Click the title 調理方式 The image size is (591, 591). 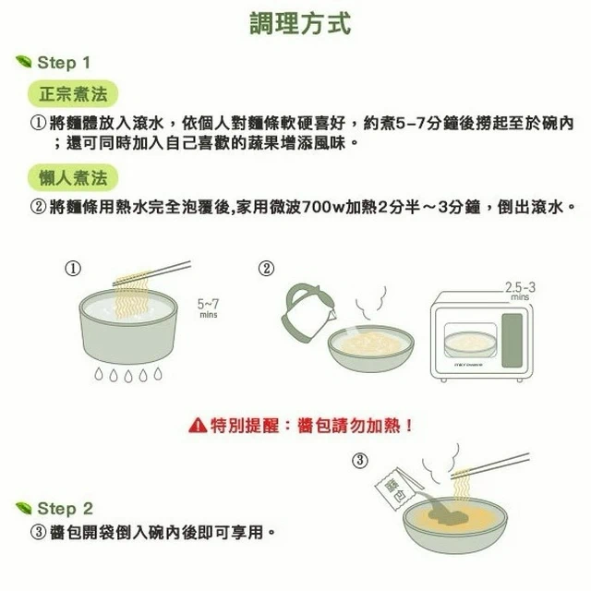pos(300,23)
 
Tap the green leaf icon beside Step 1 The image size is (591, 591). pos(24,62)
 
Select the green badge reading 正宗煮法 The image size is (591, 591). pos(73,94)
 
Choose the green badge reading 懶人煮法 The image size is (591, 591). pos(73,177)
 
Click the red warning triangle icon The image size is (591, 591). pos(198,426)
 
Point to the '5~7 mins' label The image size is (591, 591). pos(208,308)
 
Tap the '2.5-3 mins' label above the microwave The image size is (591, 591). pos(520,291)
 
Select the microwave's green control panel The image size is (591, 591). pos(512,341)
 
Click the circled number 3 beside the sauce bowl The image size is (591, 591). pos(360,460)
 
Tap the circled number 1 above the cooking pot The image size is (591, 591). pos(73,269)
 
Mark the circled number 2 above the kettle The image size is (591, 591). pos(266,269)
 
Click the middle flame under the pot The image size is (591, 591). pos(128,376)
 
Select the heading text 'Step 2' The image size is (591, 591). pos(66,509)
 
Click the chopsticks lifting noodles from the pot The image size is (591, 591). pos(151,272)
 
